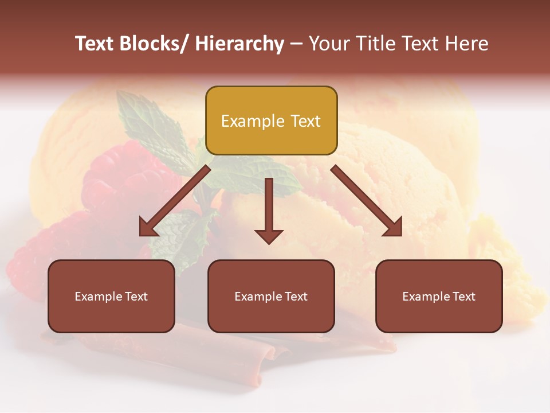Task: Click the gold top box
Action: pos(271,120)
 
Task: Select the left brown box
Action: pos(111,296)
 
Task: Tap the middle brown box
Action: pos(271,296)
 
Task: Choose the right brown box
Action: pos(439,296)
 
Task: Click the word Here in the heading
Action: pos(468,44)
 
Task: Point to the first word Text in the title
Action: pos(95,44)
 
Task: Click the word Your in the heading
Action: pos(328,44)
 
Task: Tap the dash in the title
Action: pos(296,44)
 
